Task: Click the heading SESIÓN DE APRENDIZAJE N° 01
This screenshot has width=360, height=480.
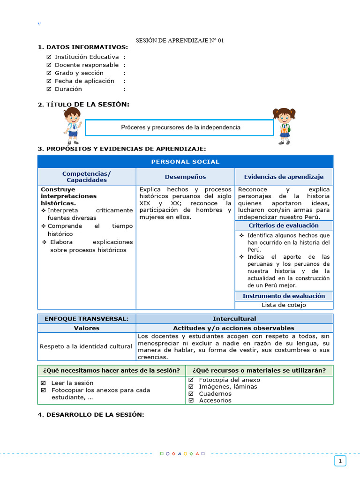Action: pyautogui.click(x=180, y=41)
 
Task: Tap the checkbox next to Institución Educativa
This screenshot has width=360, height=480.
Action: pyautogui.click(x=49, y=57)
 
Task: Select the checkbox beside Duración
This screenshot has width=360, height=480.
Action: pyautogui.click(x=49, y=89)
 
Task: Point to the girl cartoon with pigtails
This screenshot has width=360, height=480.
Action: pyautogui.click(x=284, y=126)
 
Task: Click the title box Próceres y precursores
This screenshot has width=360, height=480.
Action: pyautogui.click(x=180, y=127)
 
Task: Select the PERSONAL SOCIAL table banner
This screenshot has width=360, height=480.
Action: pyautogui.click(x=185, y=162)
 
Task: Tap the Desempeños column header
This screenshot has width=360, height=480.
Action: pyautogui.click(x=185, y=177)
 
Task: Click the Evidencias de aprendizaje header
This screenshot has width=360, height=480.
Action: pyautogui.click(x=284, y=177)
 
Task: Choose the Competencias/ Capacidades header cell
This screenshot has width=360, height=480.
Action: pyautogui.click(x=87, y=177)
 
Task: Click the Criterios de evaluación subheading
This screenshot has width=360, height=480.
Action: pyautogui.click(x=284, y=225)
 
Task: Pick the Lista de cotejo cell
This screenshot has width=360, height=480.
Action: pyautogui.click(x=284, y=305)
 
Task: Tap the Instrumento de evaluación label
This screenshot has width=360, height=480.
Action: pyautogui.click(x=284, y=296)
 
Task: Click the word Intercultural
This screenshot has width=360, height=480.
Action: pyautogui.click(x=234, y=319)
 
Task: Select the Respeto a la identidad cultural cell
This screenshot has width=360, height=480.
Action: pyautogui.click(x=86, y=346)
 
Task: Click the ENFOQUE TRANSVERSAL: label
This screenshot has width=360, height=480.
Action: pyautogui.click(x=86, y=319)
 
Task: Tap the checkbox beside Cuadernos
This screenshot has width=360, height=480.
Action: pyautogui.click(x=191, y=394)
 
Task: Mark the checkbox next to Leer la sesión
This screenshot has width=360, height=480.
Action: pyautogui.click(x=44, y=383)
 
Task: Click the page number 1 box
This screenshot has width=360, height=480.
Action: pyautogui.click(x=340, y=461)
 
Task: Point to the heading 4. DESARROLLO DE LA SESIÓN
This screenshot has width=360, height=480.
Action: pyautogui.click(x=91, y=415)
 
